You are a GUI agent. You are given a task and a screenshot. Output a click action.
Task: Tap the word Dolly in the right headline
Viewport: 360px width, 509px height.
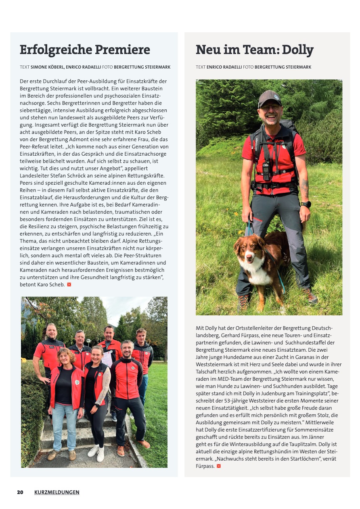tap(297, 50)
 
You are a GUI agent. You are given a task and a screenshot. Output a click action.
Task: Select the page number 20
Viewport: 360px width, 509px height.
tap(20, 492)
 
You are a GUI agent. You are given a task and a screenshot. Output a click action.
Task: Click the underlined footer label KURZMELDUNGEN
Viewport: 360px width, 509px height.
tap(57, 492)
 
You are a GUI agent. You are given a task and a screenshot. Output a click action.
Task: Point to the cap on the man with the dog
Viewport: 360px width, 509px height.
tap(270, 97)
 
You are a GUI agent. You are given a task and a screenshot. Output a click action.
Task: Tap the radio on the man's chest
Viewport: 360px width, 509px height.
tap(266, 170)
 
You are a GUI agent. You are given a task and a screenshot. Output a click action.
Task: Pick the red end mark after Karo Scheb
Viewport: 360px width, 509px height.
tap(69, 285)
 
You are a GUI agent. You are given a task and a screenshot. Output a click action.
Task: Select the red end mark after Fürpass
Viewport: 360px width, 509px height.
tap(219, 466)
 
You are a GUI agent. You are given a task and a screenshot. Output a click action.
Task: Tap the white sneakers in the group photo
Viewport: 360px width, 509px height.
tap(96, 452)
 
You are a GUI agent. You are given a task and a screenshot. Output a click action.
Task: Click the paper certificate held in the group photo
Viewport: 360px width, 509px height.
tap(107, 359)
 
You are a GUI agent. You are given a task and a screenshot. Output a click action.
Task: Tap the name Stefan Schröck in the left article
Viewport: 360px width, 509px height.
tap(62, 176)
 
